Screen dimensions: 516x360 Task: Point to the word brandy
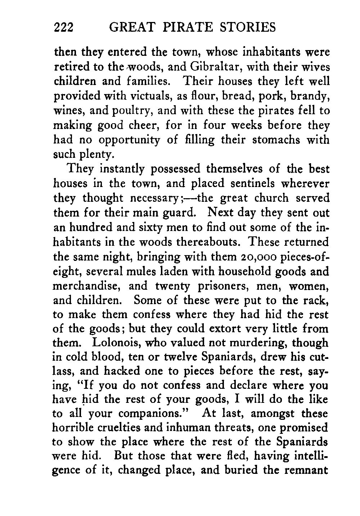[310, 97]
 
